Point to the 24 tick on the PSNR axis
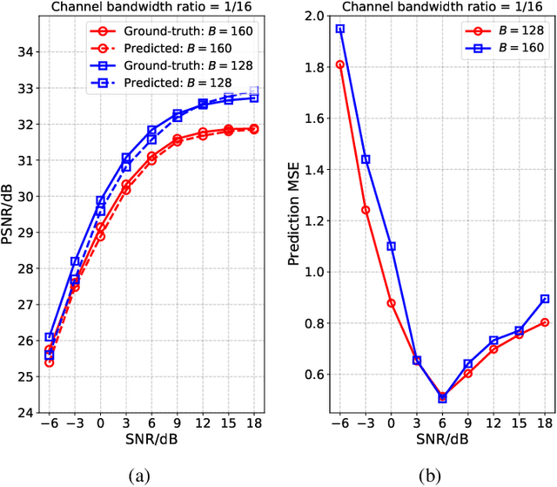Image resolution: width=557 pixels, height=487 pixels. coord(25,413)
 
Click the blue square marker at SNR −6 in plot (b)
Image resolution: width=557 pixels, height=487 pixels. coord(339,29)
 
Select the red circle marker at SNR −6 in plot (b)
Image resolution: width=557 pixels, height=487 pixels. coord(339,64)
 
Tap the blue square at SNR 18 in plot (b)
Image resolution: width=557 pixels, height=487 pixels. coord(545,299)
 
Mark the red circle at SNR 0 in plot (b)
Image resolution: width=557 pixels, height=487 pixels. coord(391,303)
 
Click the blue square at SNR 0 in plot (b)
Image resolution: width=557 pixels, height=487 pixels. coord(391,247)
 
